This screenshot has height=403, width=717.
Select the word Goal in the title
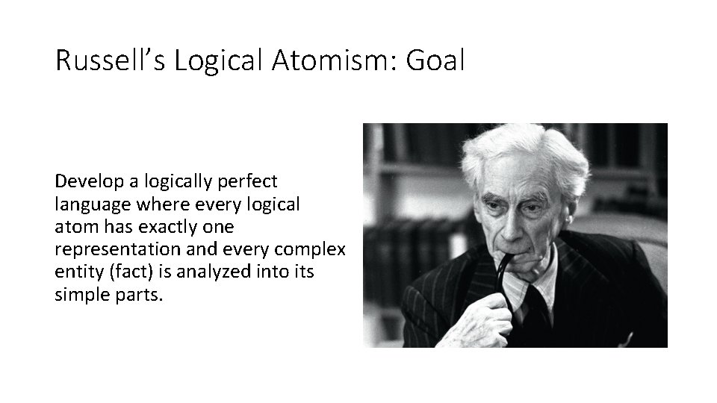435,60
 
